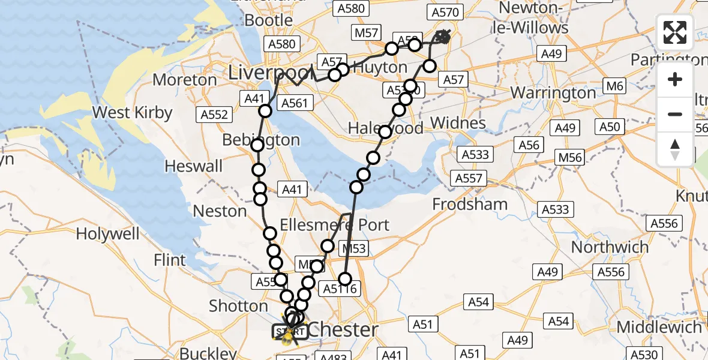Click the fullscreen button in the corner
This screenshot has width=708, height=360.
tap(675, 32)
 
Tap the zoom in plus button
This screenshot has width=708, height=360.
tap(675, 80)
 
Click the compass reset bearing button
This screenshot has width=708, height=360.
tap(675, 149)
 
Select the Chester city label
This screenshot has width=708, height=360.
tap(344, 329)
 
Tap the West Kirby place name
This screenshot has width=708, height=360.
tap(133, 112)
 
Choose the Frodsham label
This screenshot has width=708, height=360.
tap(470, 204)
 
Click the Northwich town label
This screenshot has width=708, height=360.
tap(610, 247)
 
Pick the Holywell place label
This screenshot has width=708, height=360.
tap(108, 234)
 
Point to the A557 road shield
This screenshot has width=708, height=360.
tap(469, 178)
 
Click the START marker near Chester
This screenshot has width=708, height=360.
tap(290, 331)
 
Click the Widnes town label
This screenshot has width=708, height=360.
tap(458, 123)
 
